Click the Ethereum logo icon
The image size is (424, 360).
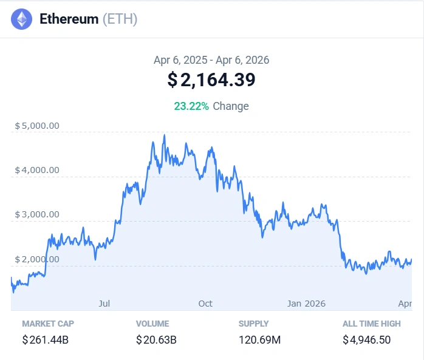(x=22, y=19)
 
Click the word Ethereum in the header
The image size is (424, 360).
(x=69, y=19)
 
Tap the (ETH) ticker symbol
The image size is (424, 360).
(x=120, y=19)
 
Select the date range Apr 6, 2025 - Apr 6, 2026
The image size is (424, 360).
(x=211, y=60)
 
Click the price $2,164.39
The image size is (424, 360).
(x=211, y=80)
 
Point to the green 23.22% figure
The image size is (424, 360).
(x=191, y=106)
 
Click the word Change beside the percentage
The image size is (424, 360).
(x=231, y=106)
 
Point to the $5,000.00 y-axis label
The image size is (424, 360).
(x=37, y=126)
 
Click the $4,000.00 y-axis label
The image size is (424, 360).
(x=37, y=170)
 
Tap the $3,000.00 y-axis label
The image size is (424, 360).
(x=37, y=214)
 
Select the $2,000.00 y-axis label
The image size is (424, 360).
(x=37, y=259)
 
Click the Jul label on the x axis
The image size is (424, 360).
(x=104, y=303)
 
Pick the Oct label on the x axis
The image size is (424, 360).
(x=205, y=303)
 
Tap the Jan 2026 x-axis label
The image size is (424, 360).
(x=306, y=303)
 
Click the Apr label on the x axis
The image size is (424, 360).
(x=405, y=303)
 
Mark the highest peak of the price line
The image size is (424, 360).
(x=164, y=135)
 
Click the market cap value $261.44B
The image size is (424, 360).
(x=45, y=340)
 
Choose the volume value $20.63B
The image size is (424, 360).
(x=156, y=340)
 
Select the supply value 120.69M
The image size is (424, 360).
(x=259, y=340)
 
